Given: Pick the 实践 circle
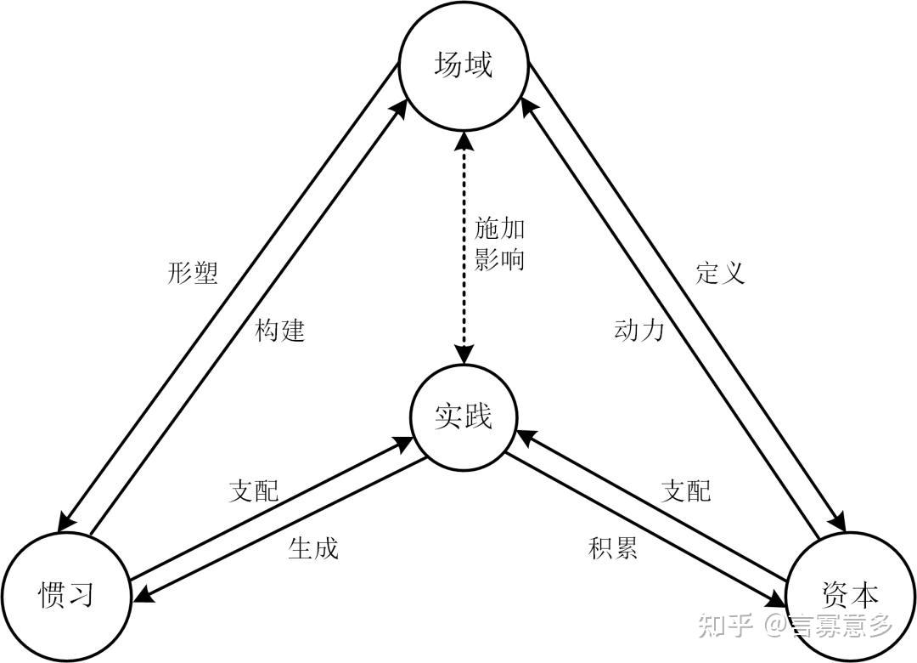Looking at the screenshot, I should (x=463, y=416).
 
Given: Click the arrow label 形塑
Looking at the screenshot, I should (x=194, y=273).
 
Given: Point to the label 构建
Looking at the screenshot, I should (x=279, y=330).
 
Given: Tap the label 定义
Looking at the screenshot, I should (x=720, y=273).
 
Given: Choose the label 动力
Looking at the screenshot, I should (x=639, y=330).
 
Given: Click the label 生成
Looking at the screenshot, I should (x=313, y=548).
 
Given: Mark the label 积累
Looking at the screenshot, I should (x=612, y=548).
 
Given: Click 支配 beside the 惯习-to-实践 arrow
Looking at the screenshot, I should (x=253, y=490).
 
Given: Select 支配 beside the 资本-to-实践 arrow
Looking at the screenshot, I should (x=685, y=490).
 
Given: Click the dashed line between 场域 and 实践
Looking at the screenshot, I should (x=463, y=280).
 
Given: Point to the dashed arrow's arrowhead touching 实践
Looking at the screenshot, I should (x=463, y=355).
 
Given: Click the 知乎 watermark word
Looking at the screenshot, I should (x=725, y=626).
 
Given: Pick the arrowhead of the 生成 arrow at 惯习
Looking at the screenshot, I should (x=141, y=598).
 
